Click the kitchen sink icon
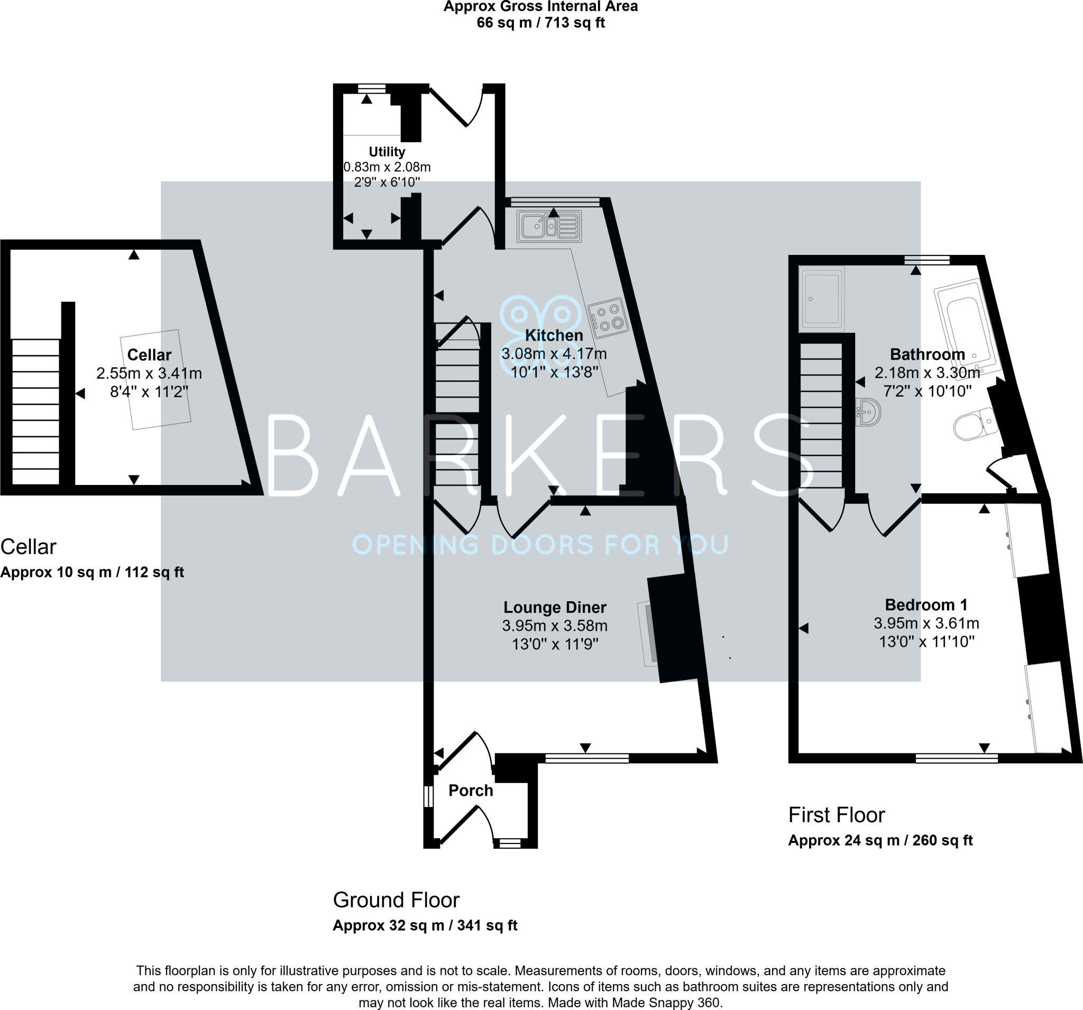pyautogui.click(x=549, y=226)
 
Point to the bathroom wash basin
pyautogui.click(x=868, y=412)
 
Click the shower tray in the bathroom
pyautogui.click(x=822, y=299)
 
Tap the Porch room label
pyautogui.click(x=471, y=791)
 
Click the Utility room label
pyautogui.click(x=387, y=152)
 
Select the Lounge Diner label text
pyautogui.click(x=555, y=608)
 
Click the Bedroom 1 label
pyautogui.click(x=926, y=605)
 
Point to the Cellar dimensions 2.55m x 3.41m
pyautogui.click(x=149, y=374)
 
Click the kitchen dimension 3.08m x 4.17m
pyautogui.click(x=554, y=354)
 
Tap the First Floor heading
pyautogui.click(x=836, y=815)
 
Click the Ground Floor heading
pyautogui.click(x=396, y=900)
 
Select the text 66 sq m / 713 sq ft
pyautogui.click(x=540, y=23)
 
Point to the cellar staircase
pyautogui.click(x=35, y=411)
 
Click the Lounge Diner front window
pyautogui.click(x=587, y=758)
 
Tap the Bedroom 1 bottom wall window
pyautogui.click(x=956, y=758)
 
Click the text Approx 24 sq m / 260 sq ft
pyautogui.click(x=880, y=840)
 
